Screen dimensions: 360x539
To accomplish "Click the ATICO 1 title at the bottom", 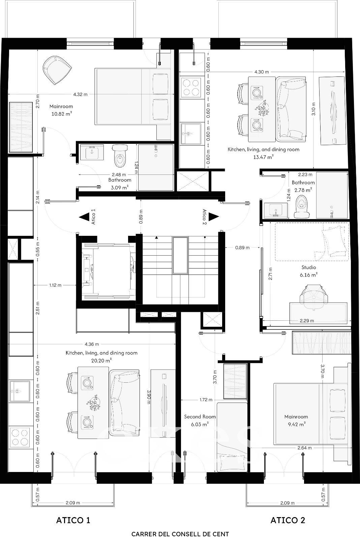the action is pos(73,520).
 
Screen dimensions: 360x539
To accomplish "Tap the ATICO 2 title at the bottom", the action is pos(288,520).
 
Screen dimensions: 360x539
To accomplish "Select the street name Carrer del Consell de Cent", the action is pos(180,534).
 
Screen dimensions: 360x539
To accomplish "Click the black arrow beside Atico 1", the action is pos(84,217).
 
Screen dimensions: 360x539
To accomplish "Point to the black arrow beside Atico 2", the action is pos(214,217).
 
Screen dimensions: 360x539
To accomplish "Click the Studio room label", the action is pos(309,267).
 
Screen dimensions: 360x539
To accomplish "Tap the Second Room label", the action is pos(200,416).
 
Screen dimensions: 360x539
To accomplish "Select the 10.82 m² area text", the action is pos(62,114).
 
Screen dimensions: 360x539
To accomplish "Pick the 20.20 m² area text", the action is pos(101,360).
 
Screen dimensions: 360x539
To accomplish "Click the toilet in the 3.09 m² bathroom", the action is pos(120,156).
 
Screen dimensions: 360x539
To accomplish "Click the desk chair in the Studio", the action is pos(314,297).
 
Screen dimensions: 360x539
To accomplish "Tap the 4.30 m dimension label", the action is pos(262,72).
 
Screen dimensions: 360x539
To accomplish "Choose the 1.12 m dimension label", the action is pos(55,285).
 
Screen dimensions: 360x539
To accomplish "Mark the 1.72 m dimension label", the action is pos(206,400).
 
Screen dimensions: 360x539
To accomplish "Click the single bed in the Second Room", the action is pos(232,437).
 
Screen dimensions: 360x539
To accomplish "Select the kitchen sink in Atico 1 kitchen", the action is pos(20,391).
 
